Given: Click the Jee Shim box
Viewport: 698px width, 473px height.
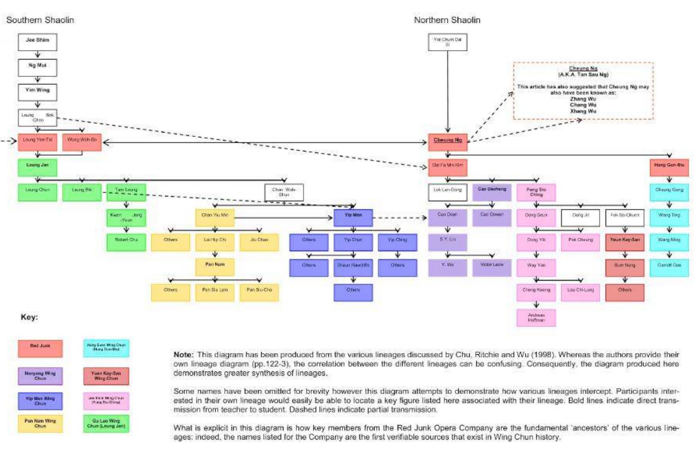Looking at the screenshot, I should pos(37,42).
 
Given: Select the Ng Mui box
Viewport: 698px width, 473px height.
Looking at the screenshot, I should pos(37,67).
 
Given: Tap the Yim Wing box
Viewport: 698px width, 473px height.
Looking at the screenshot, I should pos(37,92).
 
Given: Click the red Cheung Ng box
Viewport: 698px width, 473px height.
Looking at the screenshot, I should pos(448,142).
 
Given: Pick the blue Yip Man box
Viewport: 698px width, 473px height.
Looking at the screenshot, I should pos(353,217).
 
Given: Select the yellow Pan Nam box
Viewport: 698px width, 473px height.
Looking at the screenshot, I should pos(215,267).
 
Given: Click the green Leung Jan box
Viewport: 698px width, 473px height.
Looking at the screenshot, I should pos(37,167).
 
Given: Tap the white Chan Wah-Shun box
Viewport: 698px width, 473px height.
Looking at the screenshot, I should pos(284,192).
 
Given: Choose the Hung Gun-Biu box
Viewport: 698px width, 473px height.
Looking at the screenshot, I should pos(669,167).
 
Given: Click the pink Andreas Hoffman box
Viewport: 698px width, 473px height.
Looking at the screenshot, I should pos(536,318).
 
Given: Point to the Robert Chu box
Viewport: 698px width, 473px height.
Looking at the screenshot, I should pos(126,242).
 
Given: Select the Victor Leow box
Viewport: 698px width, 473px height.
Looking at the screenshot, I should pos(492,267).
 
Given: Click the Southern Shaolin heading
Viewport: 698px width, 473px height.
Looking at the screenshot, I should pos(40,20).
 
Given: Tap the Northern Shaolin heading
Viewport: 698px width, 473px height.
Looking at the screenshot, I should pos(447,20).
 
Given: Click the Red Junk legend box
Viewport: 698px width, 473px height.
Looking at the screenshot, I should pos(40,348).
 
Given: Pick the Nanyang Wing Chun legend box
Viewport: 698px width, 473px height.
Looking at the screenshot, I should pos(40,375).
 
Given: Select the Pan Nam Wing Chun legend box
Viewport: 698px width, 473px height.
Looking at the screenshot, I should pos(40,423).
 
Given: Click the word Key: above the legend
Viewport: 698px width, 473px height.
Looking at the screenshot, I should pos(29,317).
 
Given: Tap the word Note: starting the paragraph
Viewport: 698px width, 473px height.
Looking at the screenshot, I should pos(183,354).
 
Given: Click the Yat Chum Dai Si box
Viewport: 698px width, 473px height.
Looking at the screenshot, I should pos(448,42).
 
